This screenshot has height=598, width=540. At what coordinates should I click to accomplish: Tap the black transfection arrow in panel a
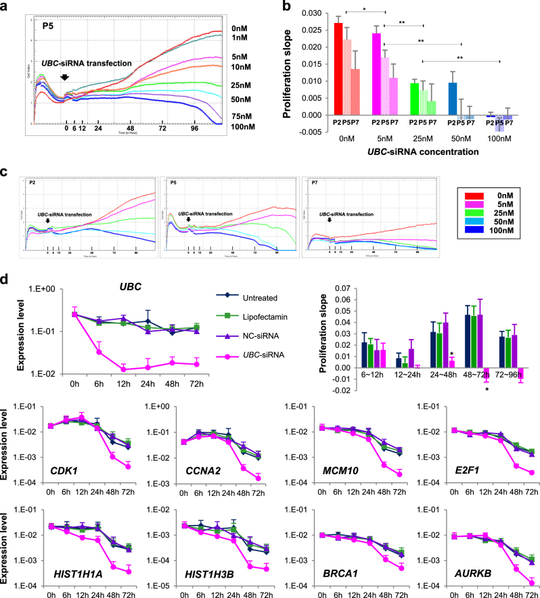click(x=65, y=76)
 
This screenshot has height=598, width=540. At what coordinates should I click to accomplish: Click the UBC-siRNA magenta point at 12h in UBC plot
click(x=85, y=369)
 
